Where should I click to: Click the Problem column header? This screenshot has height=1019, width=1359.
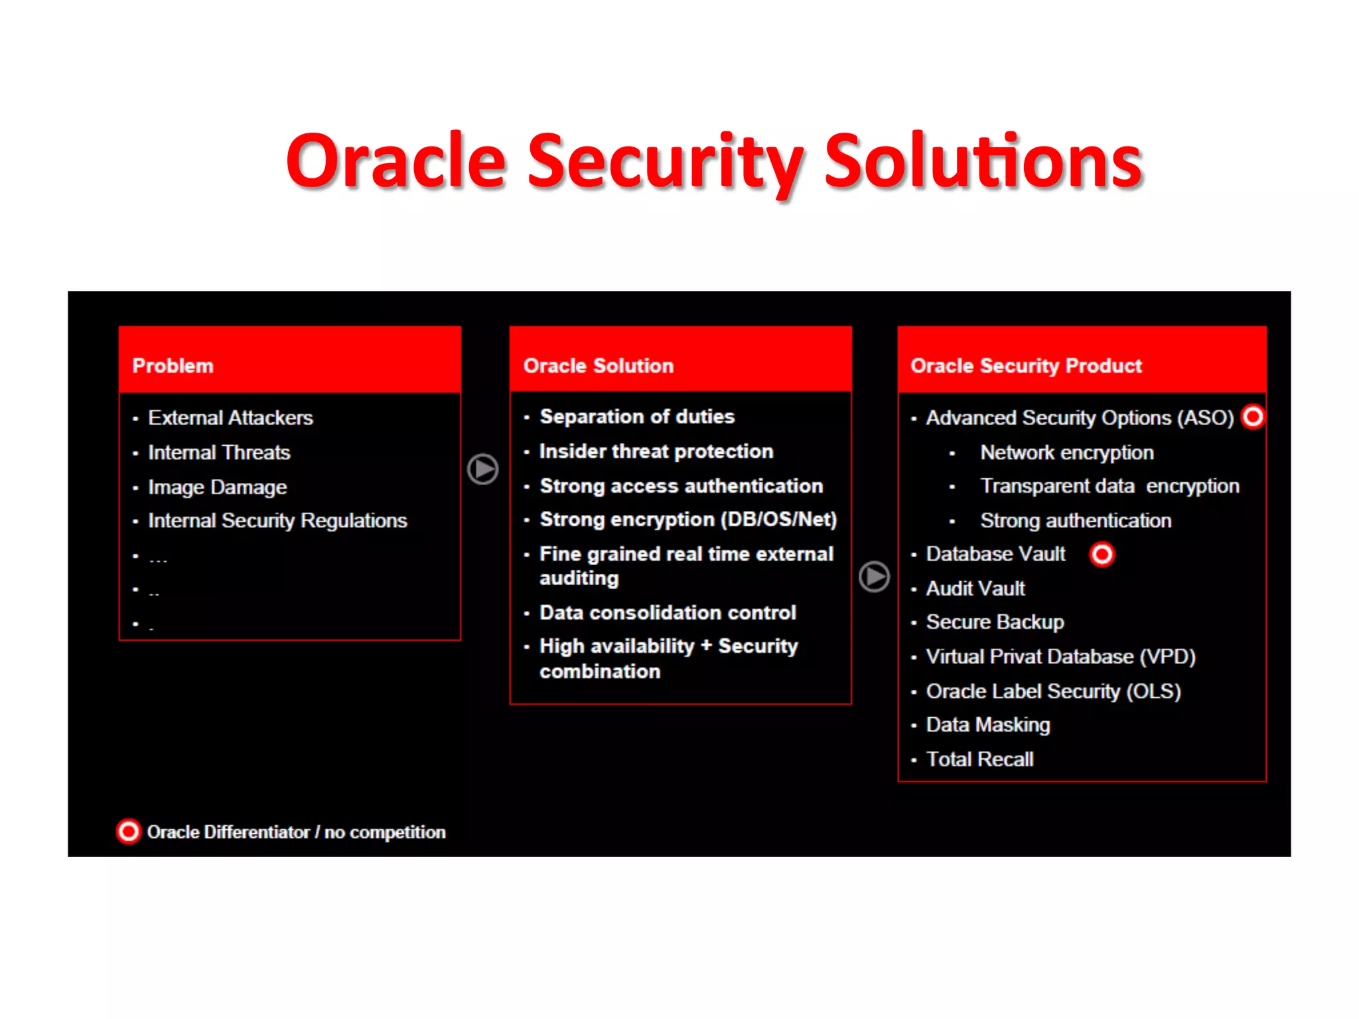[x=173, y=366]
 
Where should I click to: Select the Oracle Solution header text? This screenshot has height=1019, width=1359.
[x=598, y=366]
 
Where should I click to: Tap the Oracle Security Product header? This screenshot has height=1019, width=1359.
[x=1026, y=366]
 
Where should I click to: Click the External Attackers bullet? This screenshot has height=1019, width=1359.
[x=230, y=418]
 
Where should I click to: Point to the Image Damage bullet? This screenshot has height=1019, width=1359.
[x=217, y=488]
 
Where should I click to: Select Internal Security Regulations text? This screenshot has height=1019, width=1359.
[x=277, y=521]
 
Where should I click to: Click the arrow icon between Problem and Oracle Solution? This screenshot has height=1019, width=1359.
[x=482, y=469]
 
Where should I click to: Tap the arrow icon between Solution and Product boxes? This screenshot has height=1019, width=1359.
[x=874, y=577]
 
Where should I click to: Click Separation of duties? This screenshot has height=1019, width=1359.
[x=637, y=417]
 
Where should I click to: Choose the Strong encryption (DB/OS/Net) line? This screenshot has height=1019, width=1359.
[x=688, y=519]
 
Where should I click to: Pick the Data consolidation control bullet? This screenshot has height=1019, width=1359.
[x=668, y=612]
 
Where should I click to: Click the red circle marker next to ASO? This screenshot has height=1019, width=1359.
[x=1253, y=417]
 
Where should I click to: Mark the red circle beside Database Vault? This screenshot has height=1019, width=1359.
[x=1102, y=554]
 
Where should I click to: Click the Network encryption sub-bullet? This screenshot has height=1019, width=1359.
[x=1067, y=452]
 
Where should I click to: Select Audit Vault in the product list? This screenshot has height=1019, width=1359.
[x=975, y=588]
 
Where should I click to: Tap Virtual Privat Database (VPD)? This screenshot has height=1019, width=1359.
[x=1060, y=657]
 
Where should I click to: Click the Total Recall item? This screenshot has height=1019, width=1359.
[x=979, y=759]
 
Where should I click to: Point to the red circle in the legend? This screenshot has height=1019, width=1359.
[x=129, y=831]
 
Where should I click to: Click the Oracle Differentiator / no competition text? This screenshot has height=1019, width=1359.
[x=296, y=832]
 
